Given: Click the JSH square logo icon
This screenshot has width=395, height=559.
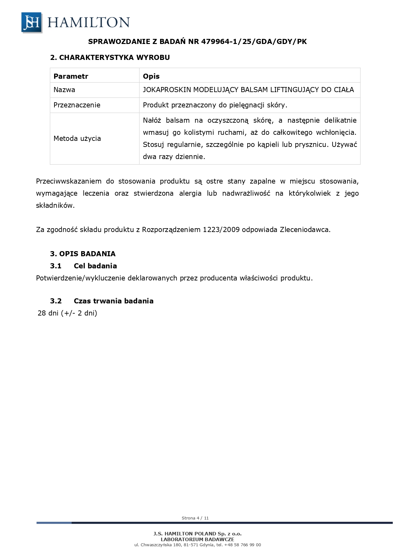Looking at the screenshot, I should (32, 22).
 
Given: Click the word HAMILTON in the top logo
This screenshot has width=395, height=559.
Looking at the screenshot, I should (88, 23).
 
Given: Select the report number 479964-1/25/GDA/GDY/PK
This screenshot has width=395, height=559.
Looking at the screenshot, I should (254, 41).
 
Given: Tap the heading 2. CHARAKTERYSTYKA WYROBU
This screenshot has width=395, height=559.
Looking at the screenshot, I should (110, 57).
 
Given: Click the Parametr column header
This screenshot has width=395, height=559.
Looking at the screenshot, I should (71, 76).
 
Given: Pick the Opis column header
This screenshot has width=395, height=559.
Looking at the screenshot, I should (151, 76).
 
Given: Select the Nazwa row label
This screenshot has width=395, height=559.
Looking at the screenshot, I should (64, 90).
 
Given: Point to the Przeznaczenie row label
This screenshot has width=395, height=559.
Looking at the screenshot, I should (77, 105).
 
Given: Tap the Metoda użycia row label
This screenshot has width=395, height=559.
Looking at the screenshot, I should (77, 138).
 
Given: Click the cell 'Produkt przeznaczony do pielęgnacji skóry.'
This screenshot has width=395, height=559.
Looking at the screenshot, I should (215, 105).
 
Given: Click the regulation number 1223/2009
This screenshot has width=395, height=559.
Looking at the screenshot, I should (221, 229).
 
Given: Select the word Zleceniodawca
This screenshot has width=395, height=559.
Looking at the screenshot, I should (305, 229).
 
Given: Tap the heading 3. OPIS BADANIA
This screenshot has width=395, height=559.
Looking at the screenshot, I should (83, 254).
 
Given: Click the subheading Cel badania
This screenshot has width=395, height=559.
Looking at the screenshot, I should (95, 266).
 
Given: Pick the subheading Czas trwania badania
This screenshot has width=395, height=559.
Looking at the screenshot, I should (113, 301).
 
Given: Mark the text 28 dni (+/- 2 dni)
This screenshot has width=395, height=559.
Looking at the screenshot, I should (67, 313).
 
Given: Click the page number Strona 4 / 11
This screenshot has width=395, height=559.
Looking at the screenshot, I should (195, 518).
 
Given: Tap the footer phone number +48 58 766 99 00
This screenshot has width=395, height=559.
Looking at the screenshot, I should (243, 545).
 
